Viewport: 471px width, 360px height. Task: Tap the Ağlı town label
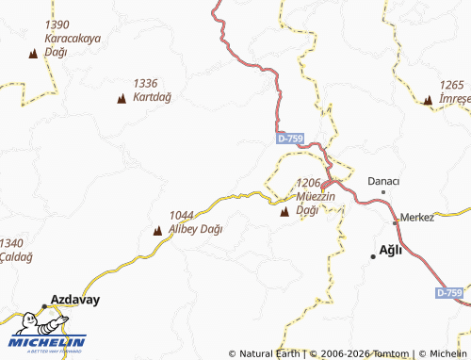pyautogui.click(x=390, y=249)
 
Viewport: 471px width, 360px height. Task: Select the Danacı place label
pyautogui.click(x=383, y=180)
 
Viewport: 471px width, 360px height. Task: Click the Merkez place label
pyautogui.click(x=417, y=217)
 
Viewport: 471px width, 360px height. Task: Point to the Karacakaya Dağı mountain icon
pyautogui.click(x=33, y=55)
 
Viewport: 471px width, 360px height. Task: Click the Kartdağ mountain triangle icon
pyautogui.click(x=122, y=98)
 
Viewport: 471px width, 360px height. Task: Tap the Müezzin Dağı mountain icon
pyautogui.click(x=284, y=213)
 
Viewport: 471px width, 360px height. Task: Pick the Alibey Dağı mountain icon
pyautogui.click(x=157, y=230)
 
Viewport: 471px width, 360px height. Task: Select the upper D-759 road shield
pyautogui.click(x=290, y=139)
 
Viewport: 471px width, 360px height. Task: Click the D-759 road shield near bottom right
pyautogui.click(x=450, y=294)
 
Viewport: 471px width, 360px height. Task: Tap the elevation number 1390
pyautogui.click(x=57, y=25)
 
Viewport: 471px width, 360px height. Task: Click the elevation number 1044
pyautogui.click(x=182, y=216)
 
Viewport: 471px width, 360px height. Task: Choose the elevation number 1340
pyautogui.click(x=12, y=242)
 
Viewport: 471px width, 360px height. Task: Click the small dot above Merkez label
pyautogui.click(x=396, y=223)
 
